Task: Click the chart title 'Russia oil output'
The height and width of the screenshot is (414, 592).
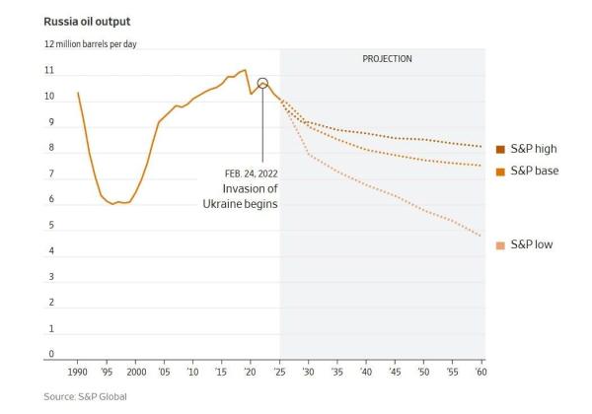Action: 88,21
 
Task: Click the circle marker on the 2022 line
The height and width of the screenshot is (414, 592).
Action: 262,84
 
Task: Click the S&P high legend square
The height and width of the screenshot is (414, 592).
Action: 500,149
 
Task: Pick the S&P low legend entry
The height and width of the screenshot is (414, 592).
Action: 532,242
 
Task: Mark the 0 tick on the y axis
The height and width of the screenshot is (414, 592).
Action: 49,354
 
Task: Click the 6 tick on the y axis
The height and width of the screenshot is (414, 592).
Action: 49,199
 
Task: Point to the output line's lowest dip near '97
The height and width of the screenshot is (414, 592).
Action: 112,204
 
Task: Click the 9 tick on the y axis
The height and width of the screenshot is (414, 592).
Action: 49,122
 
